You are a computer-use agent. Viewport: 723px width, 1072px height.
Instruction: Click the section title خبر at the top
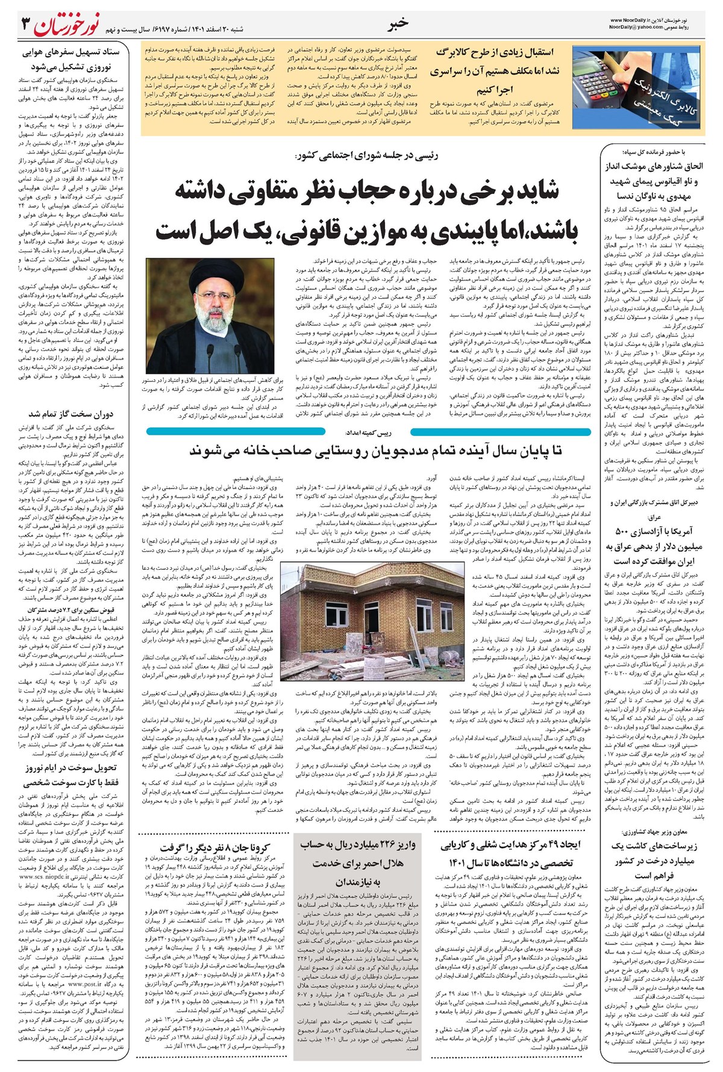399,22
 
